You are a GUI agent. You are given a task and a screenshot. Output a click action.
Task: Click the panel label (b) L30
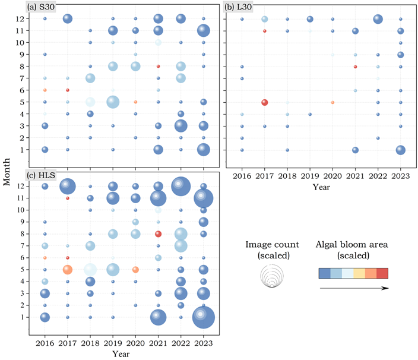tap(240, 7)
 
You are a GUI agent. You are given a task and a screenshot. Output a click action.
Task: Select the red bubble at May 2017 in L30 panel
tap(265, 102)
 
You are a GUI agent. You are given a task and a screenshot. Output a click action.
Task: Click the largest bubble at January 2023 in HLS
tap(204, 317)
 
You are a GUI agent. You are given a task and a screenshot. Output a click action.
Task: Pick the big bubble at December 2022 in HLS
tap(180, 186)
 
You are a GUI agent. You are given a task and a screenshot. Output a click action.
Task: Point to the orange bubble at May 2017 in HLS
tap(68, 269)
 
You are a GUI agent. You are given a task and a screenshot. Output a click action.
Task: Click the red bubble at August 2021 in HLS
tap(158, 233)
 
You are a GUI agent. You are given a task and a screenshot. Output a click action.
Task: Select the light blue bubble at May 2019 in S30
tap(113, 102)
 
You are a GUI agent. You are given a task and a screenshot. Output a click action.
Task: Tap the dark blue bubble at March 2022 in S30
tap(180, 126)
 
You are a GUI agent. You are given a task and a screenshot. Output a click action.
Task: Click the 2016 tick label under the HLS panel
tap(45, 343)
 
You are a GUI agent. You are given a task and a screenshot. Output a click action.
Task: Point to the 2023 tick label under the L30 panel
tap(401, 176)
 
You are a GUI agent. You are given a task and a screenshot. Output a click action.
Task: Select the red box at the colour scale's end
tap(382, 273)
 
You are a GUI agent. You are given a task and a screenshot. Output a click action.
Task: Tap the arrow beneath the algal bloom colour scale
tap(354, 288)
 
